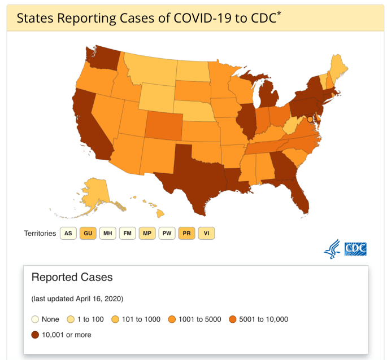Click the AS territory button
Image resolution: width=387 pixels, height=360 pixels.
pyautogui.click(x=68, y=233)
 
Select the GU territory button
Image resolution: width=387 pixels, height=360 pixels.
pyautogui.click(x=88, y=233)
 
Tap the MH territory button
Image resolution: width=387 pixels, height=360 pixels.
pyautogui.click(x=107, y=233)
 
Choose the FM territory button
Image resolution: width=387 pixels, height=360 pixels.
pyautogui.click(x=127, y=233)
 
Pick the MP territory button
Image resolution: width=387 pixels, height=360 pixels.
pyautogui.click(x=147, y=233)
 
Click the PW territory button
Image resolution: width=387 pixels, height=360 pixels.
pyautogui.click(x=167, y=233)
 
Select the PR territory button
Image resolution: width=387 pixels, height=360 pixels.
pyautogui.click(x=186, y=233)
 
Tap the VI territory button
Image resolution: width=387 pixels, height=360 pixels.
pyautogui.click(x=206, y=233)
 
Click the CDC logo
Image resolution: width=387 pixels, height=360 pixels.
pyautogui.click(x=356, y=249)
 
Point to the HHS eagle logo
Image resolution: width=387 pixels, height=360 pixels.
pyautogui.click(x=332, y=249)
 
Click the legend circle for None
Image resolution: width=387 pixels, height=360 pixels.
pyautogui.click(x=36, y=319)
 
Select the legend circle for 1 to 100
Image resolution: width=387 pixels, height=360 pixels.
pyautogui.click(x=71, y=319)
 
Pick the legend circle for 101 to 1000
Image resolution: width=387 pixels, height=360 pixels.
pyautogui.click(x=115, y=319)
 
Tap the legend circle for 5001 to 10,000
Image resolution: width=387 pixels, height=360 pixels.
pyautogui.click(x=233, y=319)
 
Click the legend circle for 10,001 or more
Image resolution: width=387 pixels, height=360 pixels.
pyautogui.click(x=36, y=335)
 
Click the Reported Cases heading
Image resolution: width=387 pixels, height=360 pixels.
pyautogui.click(x=72, y=278)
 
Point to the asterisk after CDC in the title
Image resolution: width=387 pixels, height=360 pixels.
pyautogui.click(x=279, y=13)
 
